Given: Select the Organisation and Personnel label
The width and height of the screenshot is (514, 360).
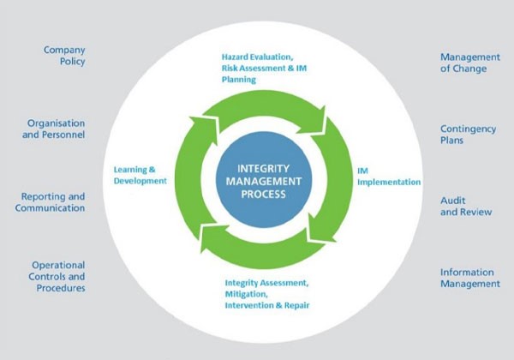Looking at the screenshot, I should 55,128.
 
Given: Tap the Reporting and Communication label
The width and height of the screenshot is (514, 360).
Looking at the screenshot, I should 53,201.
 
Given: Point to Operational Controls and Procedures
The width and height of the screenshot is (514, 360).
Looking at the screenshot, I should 57,276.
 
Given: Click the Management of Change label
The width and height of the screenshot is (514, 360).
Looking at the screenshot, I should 469,63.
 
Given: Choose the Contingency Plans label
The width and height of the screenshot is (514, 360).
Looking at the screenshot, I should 464,133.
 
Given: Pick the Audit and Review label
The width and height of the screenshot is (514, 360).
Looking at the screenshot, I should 466,206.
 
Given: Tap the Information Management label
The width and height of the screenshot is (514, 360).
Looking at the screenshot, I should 469,278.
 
